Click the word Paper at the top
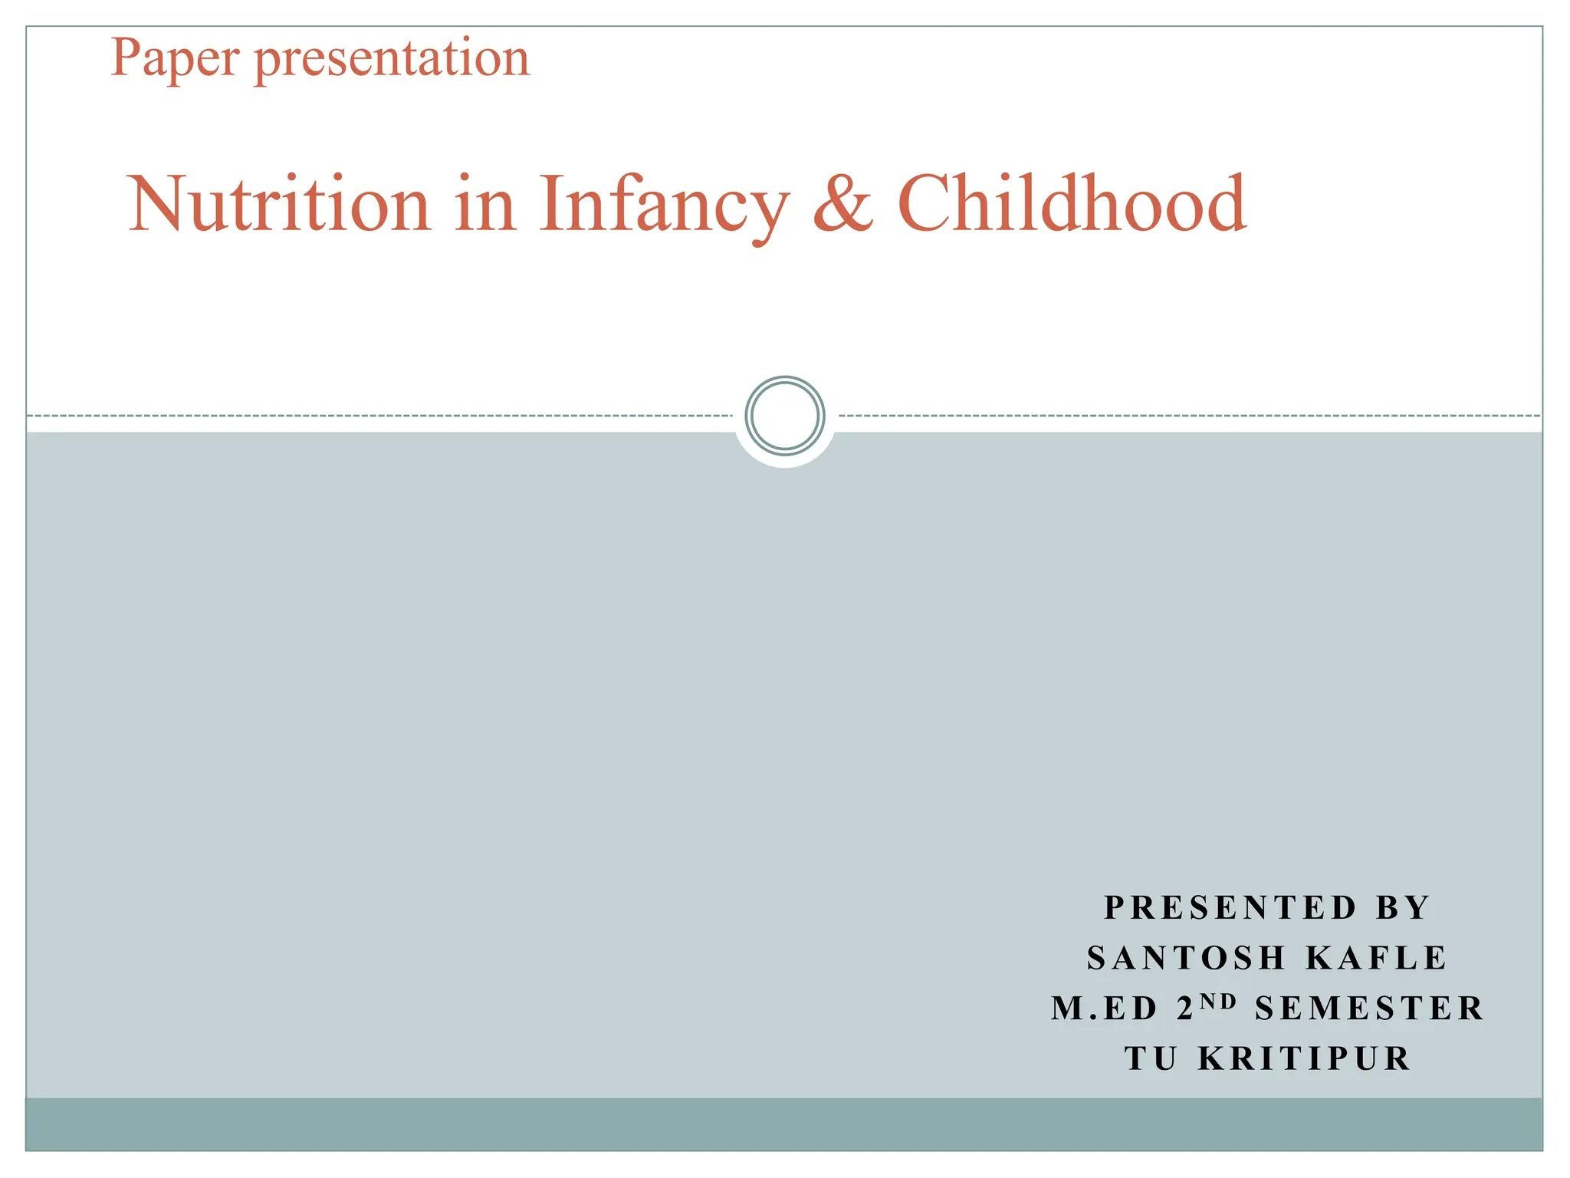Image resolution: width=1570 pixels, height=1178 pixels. (x=176, y=58)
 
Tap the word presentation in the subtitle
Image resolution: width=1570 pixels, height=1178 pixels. (x=392, y=58)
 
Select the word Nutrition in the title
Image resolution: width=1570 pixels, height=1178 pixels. (x=280, y=204)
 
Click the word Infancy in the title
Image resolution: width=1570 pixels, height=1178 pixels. (x=664, y=204)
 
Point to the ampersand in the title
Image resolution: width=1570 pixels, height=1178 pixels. (x=842, y=204)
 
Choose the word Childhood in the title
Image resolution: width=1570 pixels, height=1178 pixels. (x=1072, y=204)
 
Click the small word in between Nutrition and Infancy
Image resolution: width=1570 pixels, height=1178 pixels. (x=484, y=204)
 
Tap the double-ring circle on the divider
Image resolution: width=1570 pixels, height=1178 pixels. (x=784, y=416)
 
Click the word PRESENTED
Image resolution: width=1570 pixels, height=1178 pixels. (x=1230, y=908)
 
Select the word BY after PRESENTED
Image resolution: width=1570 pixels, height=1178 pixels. (x=1403, y=908)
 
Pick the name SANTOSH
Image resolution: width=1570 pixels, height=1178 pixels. (x=1186, y=959)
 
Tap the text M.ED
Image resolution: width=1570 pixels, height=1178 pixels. (x=1104, y=1009)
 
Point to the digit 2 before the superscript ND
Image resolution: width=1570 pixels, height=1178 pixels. (x=1185, y=1009)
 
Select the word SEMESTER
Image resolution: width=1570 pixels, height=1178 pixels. (x=1370, y=1009)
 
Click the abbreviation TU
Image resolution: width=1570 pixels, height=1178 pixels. (x=1151, y=1059)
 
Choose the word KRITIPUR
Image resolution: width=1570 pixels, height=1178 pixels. (x=1304, y=1059)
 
